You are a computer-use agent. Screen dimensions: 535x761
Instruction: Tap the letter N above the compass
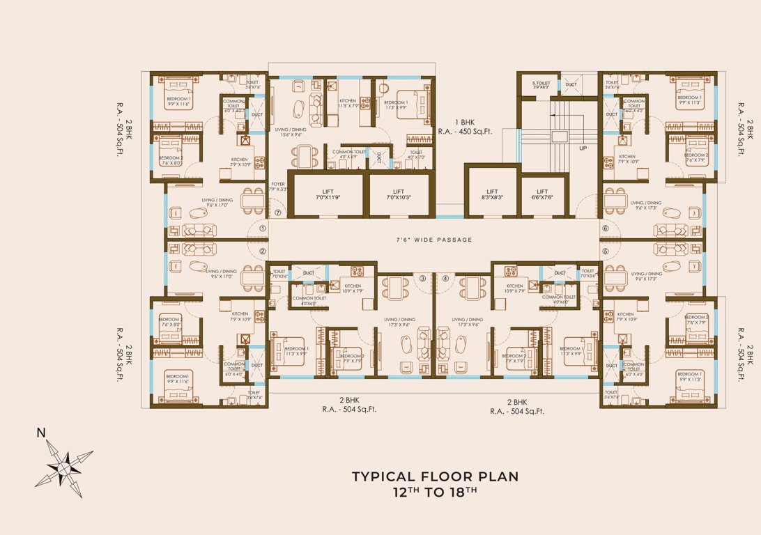(x=41, y=433)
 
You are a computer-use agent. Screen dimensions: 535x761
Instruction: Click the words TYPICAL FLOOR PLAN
(x=435, y=476)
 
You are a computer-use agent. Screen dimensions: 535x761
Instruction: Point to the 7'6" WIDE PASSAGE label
(x=435, y=240)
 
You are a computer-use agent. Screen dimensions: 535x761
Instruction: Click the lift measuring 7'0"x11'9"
(x=325, y=195)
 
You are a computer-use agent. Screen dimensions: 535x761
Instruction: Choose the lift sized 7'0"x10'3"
(x=398, y=195)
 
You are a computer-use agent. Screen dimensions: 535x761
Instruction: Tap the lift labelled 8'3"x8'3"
(x=492, y=194)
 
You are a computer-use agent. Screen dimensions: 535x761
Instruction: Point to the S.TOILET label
(x=541, y=85)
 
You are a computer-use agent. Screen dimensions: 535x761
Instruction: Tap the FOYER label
(x=277, y=186)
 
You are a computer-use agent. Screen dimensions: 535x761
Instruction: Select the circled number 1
(x=263, y=228)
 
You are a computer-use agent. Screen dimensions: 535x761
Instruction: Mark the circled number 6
(x=606, y=228)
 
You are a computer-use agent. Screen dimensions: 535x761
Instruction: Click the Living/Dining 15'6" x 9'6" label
(x=292, y=132)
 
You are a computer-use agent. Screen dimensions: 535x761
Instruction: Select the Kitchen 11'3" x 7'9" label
(x=348, y=102)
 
